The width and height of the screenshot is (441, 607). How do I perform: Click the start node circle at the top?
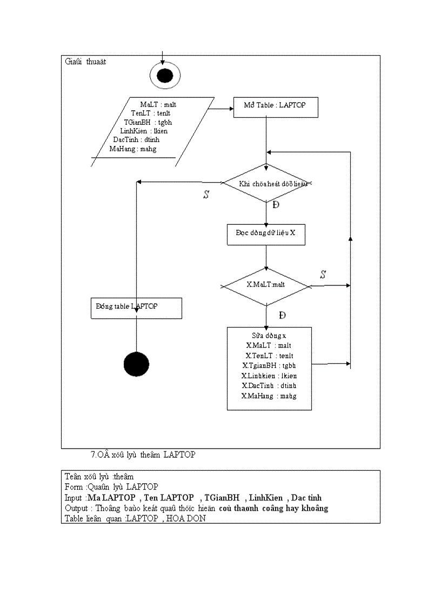point(164,75)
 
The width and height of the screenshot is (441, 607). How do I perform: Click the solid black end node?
point(136,364)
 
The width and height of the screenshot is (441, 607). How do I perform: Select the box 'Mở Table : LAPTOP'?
point(276,107)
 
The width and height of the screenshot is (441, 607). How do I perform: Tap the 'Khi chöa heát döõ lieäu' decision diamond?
point(266,183)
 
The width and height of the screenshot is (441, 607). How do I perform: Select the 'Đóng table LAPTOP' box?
point(136,308)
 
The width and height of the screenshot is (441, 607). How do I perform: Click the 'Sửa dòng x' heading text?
point(269,336)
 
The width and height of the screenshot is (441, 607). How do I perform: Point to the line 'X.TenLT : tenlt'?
point(269,356)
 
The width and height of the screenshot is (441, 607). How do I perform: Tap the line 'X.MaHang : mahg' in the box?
point(269,396)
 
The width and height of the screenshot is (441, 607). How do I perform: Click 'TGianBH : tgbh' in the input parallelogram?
point(148,122)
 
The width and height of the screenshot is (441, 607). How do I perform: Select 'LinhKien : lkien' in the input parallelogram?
point(144,131)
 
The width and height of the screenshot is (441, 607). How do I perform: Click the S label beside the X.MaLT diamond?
point(323,275)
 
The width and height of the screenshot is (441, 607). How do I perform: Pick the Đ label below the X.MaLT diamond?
point(282,315)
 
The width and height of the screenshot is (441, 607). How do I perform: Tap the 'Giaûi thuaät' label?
point(85,62)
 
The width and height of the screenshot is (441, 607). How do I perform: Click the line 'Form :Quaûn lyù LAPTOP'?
point(111,487)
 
